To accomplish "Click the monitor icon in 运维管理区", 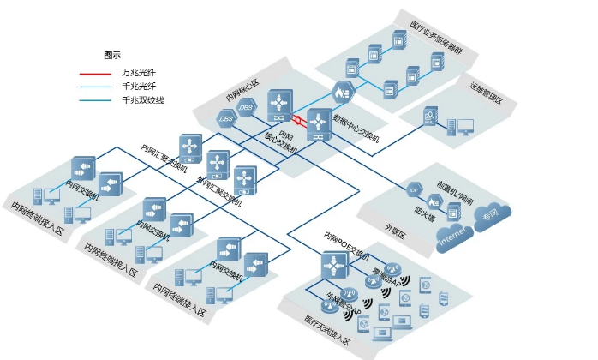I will [x=465, y=127].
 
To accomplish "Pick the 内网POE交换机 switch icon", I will [x=334, y=266].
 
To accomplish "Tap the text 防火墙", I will [x=425, y=211].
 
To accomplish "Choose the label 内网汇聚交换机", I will [x=168, y=157].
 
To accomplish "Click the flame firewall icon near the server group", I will [x=344, y=92].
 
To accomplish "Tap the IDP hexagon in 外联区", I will [x=414, y=189].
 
